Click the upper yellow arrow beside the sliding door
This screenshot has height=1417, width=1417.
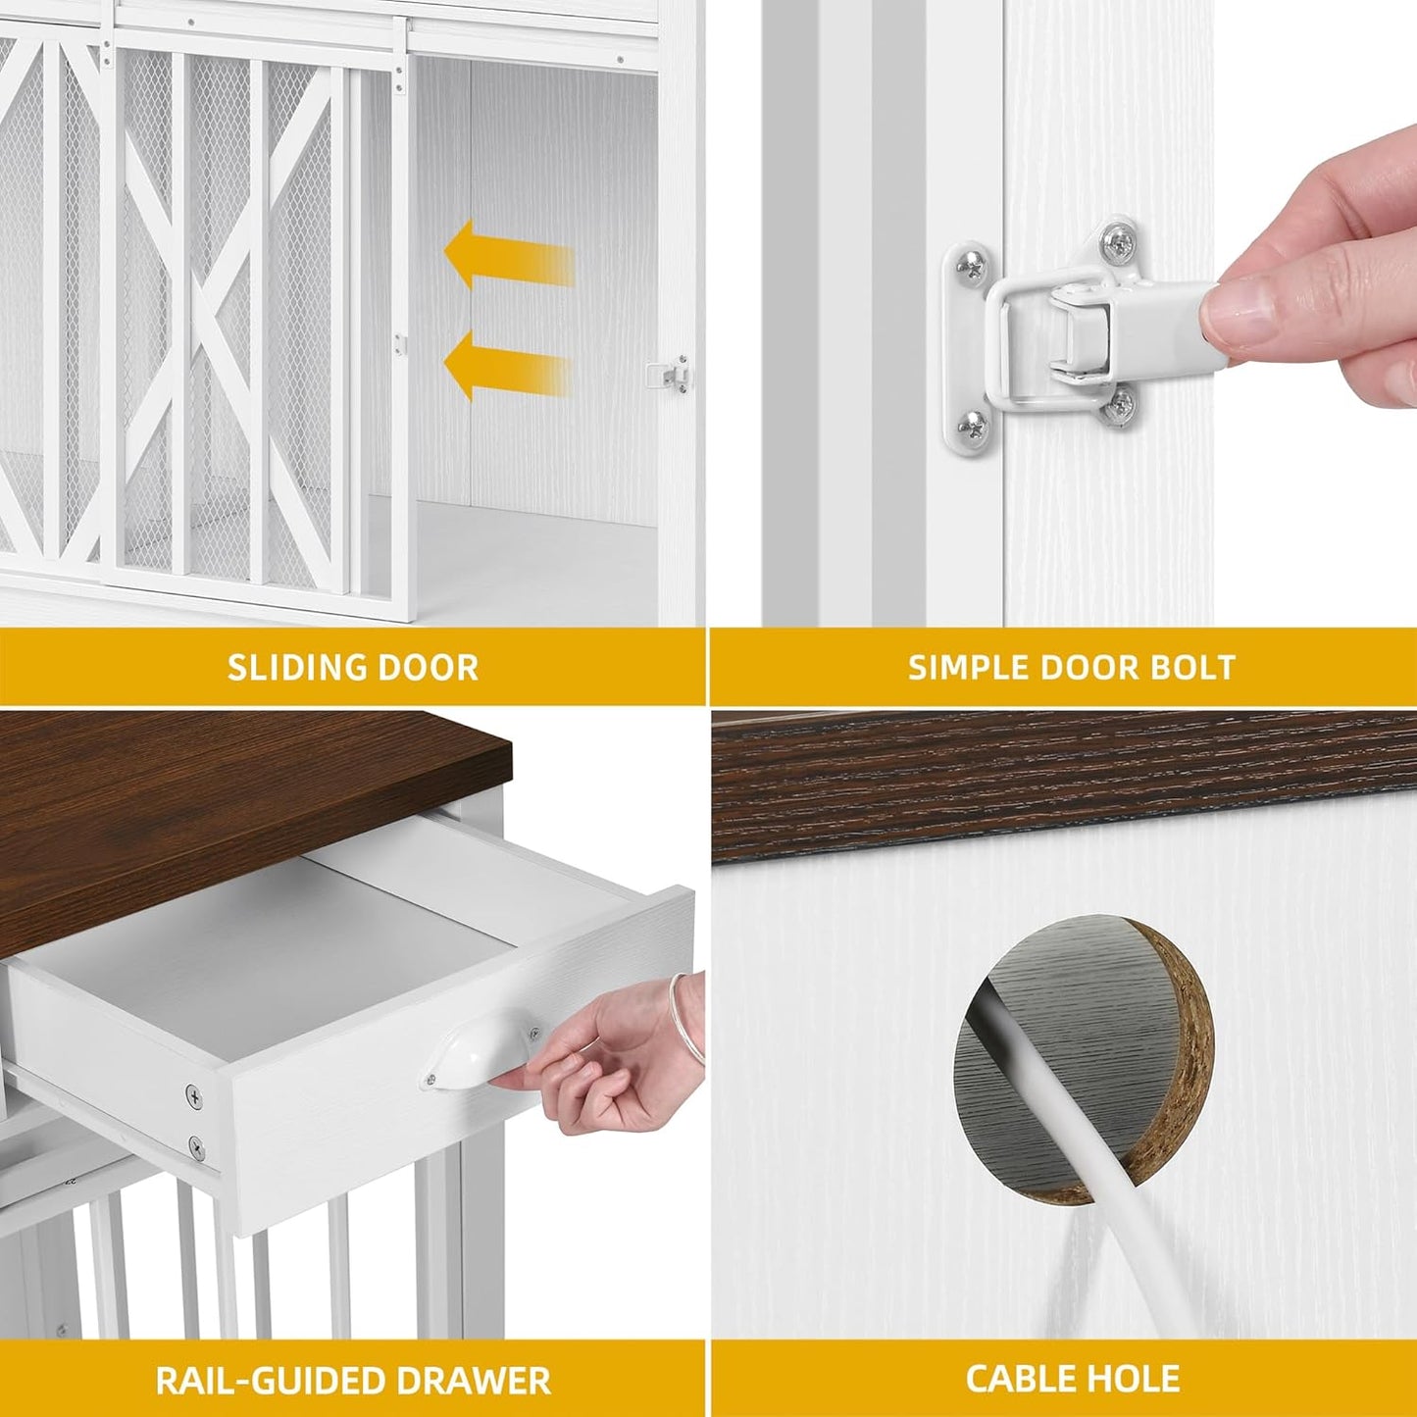[508, 254]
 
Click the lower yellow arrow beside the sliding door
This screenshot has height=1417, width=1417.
[507, 366]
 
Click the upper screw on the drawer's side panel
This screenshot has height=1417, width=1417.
[194, 1098]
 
